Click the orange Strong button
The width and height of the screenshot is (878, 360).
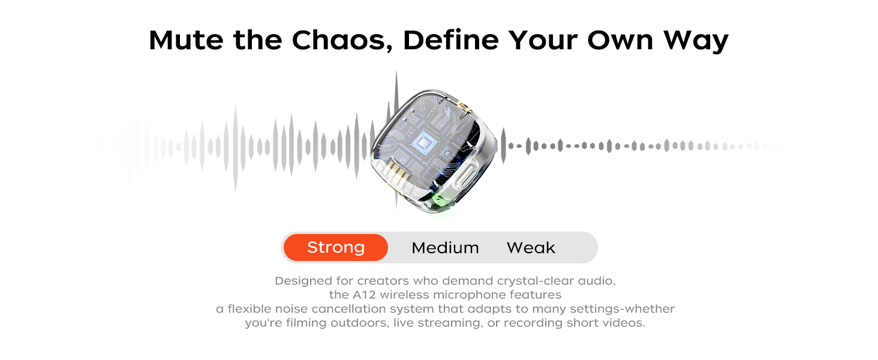click(336, 247)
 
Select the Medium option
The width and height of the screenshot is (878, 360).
click(445, 248)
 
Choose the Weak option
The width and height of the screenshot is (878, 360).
click(531, 248)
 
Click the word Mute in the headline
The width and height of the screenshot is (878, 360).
click(186, 40)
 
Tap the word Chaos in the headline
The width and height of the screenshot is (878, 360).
click(342, 40)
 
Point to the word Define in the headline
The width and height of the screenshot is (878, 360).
click(451, 40)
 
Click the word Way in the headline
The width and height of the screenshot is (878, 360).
click(696, 41)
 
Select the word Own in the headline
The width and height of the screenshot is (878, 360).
click(620, 40)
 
